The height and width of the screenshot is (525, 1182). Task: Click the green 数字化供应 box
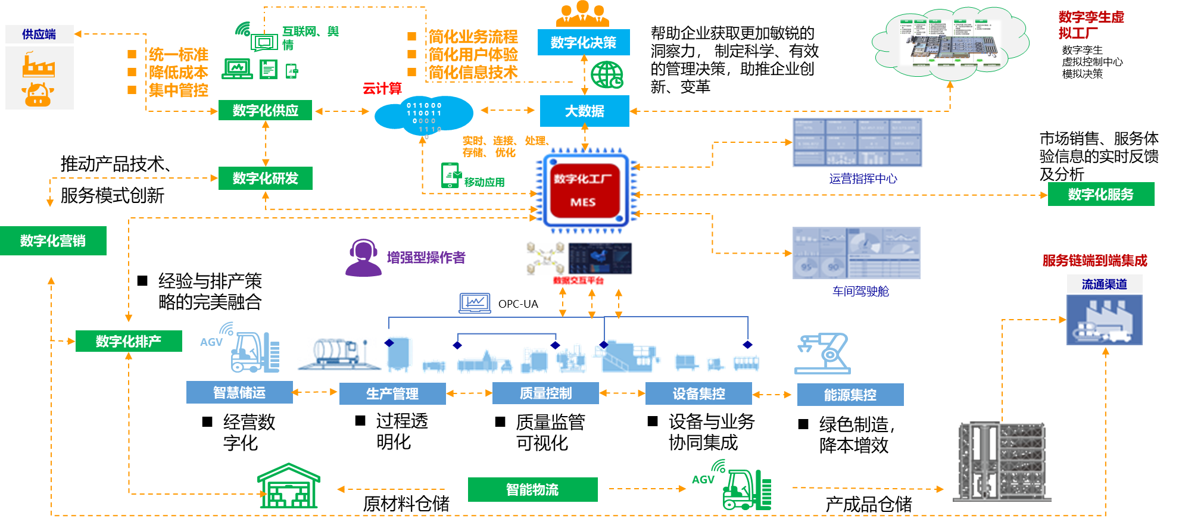[265, 110]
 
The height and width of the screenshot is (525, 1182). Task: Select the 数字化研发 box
[265, 178]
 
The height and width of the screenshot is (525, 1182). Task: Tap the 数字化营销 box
[53, 240]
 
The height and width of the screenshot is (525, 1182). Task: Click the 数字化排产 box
[129, 341]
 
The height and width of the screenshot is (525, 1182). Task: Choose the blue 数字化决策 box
[584, 42]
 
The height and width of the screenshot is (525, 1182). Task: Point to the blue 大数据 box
[584, 111]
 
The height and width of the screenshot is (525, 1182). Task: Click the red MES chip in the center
[583, 190]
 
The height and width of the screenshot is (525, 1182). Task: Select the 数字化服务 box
[1100, 194]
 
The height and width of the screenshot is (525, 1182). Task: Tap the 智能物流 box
[532, 489]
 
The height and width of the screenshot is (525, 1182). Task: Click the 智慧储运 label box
[239, 392]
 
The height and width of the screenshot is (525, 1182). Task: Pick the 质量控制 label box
[545, 393]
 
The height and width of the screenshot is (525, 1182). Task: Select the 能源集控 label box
[850, 394]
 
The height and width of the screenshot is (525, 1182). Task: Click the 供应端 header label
[39, 34]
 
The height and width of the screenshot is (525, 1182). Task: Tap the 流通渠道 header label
[1104, 284]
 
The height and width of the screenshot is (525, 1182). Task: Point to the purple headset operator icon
[363, 258]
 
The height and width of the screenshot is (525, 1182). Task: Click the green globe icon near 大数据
[607, 75]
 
